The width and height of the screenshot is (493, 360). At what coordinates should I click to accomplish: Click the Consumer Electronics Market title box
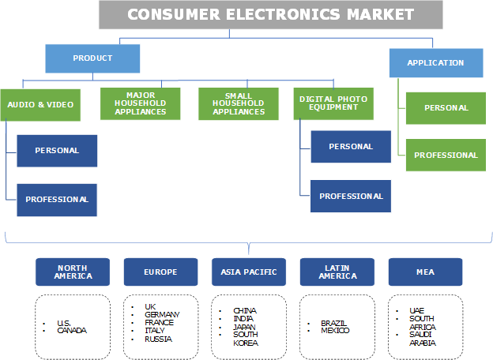[270, 14]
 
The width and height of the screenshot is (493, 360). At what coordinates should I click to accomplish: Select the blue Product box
[92, 58]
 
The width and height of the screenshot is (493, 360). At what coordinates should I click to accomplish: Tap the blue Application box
[435, 62]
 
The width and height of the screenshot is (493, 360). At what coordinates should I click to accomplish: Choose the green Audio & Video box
[40, 104]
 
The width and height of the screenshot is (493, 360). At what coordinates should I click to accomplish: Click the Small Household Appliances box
[239, 103]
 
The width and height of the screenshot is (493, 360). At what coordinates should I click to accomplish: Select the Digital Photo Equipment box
[333, 103]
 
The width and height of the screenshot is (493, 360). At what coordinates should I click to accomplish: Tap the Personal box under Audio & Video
[57, 151]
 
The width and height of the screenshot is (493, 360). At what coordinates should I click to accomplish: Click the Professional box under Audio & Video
[57, 200]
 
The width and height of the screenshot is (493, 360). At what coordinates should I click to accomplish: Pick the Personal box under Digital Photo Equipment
[351, 147]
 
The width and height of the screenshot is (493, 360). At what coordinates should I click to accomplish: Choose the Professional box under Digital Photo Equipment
[351, 196]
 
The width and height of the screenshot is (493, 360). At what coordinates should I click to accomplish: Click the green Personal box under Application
[446, 108]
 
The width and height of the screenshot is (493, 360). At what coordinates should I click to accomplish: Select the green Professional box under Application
[446, 155]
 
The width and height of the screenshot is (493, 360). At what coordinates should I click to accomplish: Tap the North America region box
[73, 272]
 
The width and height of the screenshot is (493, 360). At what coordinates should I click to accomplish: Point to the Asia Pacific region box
[250, 272]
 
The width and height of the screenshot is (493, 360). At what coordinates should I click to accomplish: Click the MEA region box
[425, 272]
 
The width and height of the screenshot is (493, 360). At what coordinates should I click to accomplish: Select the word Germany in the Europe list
[161, 314]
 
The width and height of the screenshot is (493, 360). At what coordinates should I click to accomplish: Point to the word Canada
[71, 330]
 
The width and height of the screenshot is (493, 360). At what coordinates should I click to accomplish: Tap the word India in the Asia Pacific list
[243, 319]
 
